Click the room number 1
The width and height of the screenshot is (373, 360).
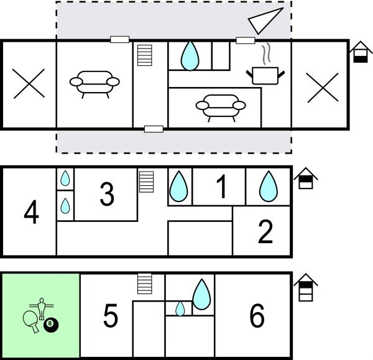222,187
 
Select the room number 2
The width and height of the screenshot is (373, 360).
265,231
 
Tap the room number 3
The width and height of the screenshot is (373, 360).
107,194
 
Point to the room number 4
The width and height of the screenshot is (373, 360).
32,212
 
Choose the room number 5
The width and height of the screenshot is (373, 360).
111,315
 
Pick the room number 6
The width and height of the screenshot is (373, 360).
257,315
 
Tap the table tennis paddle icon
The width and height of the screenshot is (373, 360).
31,321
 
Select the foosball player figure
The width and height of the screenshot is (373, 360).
42,308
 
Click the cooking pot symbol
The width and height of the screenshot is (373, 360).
265,75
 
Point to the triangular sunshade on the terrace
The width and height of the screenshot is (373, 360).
265,21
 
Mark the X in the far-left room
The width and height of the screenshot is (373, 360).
29,83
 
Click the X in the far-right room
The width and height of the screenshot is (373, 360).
323,87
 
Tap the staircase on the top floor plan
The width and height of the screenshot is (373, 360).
145,55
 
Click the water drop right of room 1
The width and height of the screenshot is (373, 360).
269,186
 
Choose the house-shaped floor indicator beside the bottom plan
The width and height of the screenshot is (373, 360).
306,287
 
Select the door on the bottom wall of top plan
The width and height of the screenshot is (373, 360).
154,129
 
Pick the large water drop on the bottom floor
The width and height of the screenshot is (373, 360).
201,294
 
